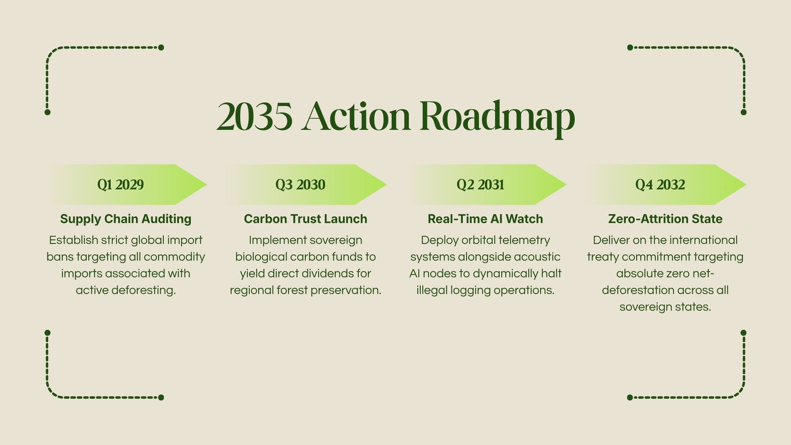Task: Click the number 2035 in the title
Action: (x=255, y=116)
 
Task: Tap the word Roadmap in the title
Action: (x=497, y=119)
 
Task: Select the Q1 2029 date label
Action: (x=121, y=185)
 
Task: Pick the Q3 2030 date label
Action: (x=300, y=185)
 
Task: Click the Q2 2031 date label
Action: (x=480, y=185)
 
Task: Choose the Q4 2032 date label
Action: (x=660, y=185)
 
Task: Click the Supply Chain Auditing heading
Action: (x=126, y=219)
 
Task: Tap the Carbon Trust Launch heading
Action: (x=306, y=219)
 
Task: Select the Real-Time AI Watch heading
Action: (x=485, y=219)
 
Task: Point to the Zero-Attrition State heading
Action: (x=665, y=219)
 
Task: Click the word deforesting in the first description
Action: (x=143, y=290)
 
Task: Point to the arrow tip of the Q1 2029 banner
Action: (x=206, y=184)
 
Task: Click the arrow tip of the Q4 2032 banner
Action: (x=746, y=184)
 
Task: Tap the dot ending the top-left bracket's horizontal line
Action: (x=161, y=47)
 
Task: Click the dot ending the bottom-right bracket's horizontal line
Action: (x=630, y=398)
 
